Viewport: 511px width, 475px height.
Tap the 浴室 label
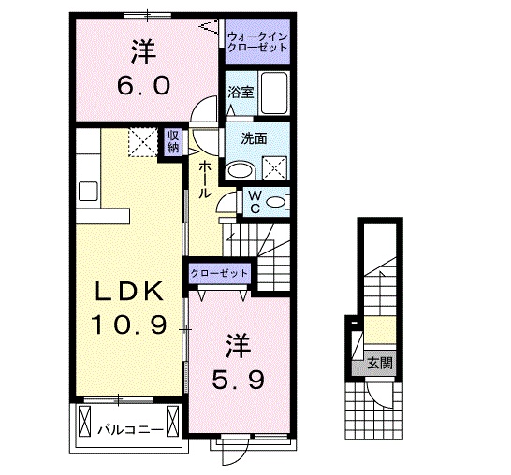pos(241,92)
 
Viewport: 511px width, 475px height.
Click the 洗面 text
pos(254,137)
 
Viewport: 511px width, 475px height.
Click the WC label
pos(253,203)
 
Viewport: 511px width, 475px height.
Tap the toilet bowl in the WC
pos(277,203)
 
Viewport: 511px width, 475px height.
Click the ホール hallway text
pos(203,178)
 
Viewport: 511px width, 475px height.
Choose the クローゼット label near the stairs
pos(220,273)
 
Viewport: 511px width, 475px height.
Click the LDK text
pos(129,292)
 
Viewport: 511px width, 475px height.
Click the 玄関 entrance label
pos(379,363)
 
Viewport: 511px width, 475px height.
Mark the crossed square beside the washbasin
pos(277,169)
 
